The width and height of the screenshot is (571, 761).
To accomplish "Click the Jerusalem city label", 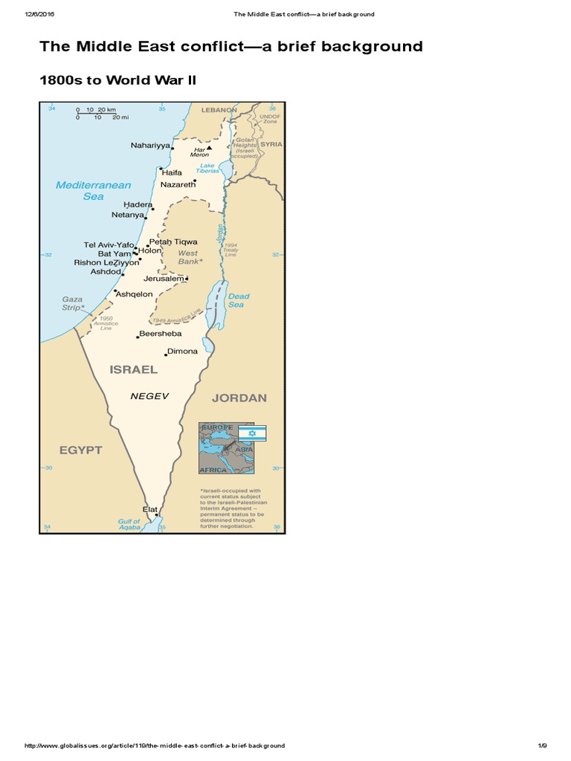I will [164, 279].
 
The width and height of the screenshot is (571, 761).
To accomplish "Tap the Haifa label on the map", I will [172, 172].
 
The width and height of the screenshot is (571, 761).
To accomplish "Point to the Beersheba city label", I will [160, 334].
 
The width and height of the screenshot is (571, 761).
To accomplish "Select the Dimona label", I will [182, 351].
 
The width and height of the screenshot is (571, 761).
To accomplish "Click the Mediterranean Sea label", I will [94, 190].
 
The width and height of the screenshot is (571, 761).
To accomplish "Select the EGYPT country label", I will [81, 450].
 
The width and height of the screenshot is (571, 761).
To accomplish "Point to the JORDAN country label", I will [239, 398].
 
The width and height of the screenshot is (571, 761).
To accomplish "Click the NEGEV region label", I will [146, 396].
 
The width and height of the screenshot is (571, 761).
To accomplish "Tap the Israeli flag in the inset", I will [251, 433].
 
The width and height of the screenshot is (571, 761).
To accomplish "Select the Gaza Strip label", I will [72, 302].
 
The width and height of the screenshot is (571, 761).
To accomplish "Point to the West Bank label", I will [188, 257].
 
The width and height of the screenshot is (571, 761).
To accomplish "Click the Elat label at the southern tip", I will [150, 509].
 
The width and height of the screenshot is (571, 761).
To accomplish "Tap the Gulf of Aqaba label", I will [129, 525].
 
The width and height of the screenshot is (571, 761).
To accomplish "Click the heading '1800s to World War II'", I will [117, 80].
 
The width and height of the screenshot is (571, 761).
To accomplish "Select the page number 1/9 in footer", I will [542, 745].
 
